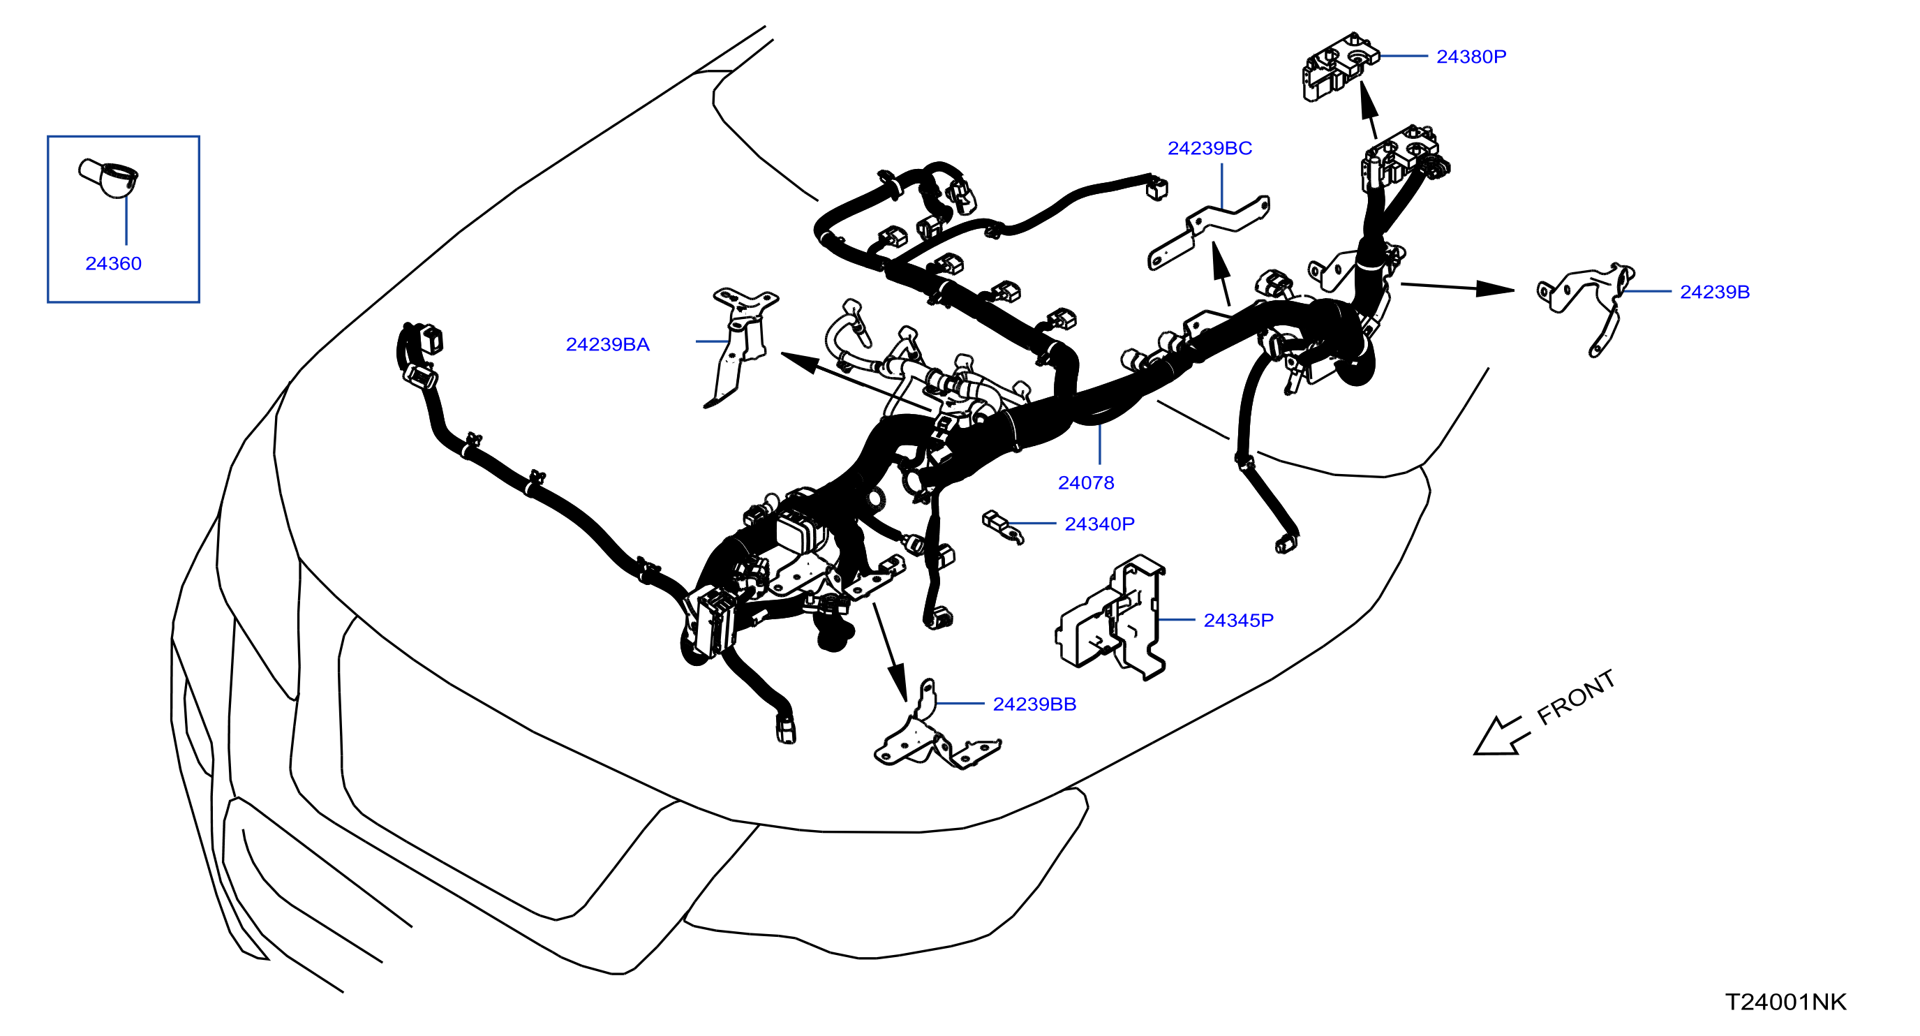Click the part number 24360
coord(113,264)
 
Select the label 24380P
coord(1471,57)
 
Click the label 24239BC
coord(1210,148)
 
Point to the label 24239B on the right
coord(1714,293)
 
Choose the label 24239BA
coord(607,344)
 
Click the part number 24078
coord(1086,483)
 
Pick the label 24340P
coord(1099,524)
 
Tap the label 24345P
coord(1239,620)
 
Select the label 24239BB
coord(1034,704)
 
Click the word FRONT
coord(1576,697)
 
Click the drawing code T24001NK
coord(1786,1002)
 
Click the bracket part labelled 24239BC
coord(1207,232)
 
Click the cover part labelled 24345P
coord(1110,618)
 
